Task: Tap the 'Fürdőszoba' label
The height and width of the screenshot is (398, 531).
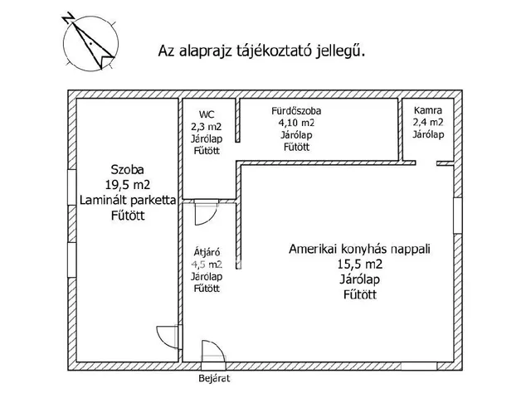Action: pyautogui.click(x=296, y=110)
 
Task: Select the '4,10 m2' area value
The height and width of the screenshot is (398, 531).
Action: pyautogui.click(x=296, y=123)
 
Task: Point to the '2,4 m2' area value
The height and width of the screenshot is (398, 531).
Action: pyautogui.click(x=427, y=122)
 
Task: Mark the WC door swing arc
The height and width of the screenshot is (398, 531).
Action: pyautogui.click(x=202, y=214)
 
